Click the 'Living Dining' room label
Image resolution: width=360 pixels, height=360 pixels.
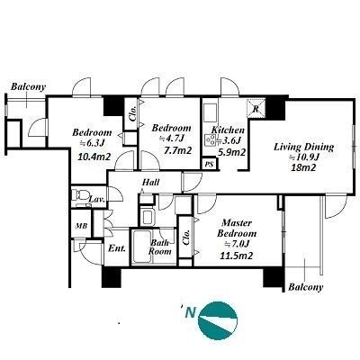tap(303, 148)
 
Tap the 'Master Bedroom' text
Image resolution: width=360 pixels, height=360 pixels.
tap(237, 229)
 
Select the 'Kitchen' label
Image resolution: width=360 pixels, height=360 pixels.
tap(228, 130)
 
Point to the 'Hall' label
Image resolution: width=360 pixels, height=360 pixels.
tap(150, 182)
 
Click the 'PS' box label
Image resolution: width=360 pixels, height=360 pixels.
tap(210, 164)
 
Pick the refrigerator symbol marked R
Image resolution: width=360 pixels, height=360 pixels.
tap(256, 109)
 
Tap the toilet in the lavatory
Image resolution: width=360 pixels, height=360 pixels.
tap(79, 195)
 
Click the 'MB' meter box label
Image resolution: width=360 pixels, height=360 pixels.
tap(81, 226)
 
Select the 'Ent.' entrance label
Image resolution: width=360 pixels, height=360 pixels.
tap(117, 248)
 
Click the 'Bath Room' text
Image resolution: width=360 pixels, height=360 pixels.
tap(160, 247)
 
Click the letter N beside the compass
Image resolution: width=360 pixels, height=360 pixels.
tap(190, 312)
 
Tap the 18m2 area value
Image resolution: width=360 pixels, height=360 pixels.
tap(303, 167)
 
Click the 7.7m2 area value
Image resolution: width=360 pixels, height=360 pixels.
tap(177, 150)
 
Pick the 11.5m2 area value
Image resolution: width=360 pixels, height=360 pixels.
tap(237, 256)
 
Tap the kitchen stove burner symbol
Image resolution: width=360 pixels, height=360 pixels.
tap(210, 139)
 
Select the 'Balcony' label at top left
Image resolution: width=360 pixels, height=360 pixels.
tap(29, 87)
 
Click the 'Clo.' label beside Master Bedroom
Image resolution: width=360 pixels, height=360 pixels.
tap(186, 238)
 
